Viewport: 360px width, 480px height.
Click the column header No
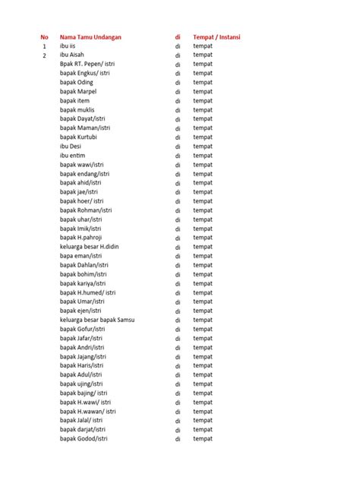[45, 36]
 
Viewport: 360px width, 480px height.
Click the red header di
[178, 36]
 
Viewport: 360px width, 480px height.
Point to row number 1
[45, 46]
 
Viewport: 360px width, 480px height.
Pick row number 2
[45, 55]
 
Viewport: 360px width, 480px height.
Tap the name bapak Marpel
[79, 91]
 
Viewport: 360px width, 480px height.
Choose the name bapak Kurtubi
[79, 137]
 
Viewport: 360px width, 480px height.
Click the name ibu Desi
[71, 146]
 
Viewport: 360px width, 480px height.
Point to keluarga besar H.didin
[91, 247]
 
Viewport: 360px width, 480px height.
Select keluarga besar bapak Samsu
[97, 320]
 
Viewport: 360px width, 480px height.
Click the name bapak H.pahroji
[81, 238]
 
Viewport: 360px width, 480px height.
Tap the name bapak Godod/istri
[84, 439]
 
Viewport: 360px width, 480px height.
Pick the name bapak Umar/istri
[82, 302]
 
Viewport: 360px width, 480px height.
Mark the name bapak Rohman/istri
[86, 210]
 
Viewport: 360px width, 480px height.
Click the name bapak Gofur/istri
[83, 329]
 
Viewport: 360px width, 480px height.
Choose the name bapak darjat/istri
[83, 430]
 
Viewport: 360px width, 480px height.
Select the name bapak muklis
[77, 109]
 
